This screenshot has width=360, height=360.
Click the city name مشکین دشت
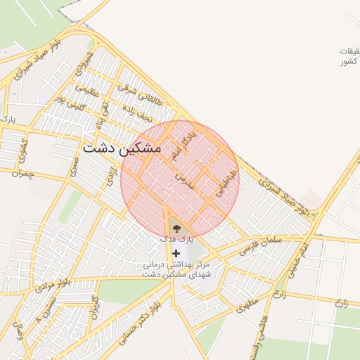[x=121, y=149]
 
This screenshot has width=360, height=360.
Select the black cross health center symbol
[x=175, y=252]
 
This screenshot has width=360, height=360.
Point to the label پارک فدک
[x=175, y=240]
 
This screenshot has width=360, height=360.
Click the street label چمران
[x=22, y=173]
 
